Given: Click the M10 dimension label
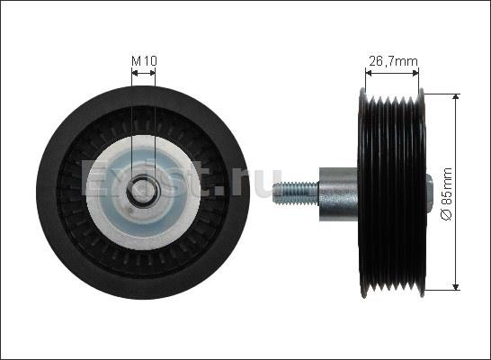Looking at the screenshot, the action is click(144, 61).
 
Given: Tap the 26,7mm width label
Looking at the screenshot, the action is click(393, 61).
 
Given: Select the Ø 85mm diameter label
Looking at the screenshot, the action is click(447, 194).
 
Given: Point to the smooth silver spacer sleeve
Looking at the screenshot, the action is click(338, 194).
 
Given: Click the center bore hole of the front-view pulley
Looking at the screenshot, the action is click(144, 192).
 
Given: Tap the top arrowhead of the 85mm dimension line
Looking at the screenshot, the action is click(456, 96).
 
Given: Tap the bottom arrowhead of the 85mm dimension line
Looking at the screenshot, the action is click(456, 287).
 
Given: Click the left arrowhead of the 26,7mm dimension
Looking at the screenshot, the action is click(369, 73).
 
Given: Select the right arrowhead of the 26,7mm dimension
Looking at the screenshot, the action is click(415, 73).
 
